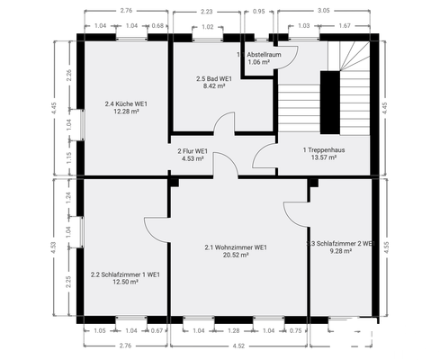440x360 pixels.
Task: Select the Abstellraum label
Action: [x=265, y=55]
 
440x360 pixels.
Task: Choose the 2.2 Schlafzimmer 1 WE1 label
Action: [x=125, y=274]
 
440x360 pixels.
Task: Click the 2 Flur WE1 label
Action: [x=193, y=150]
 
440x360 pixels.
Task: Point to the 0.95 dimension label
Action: [x=259, y=13]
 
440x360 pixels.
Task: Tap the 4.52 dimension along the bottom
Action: [x=238, y=345]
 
